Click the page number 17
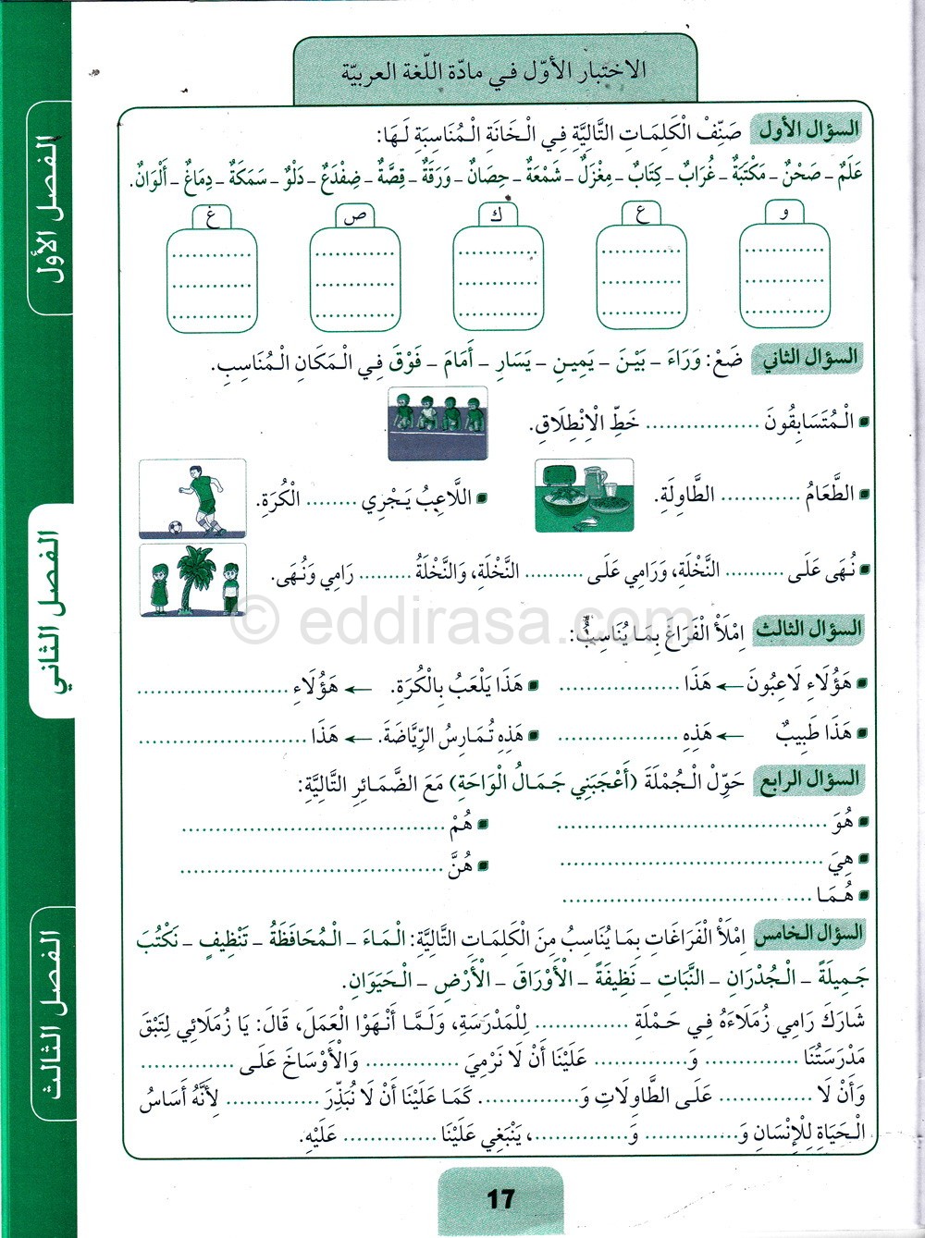click(499, 1199)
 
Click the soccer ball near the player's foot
click(175, 527)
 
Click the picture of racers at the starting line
click(438, 423)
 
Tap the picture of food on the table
click(584, 496)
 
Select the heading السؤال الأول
click(808, 129)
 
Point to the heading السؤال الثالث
click(809, 630)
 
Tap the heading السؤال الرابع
click(809, 779)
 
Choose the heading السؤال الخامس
click(809, 934)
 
